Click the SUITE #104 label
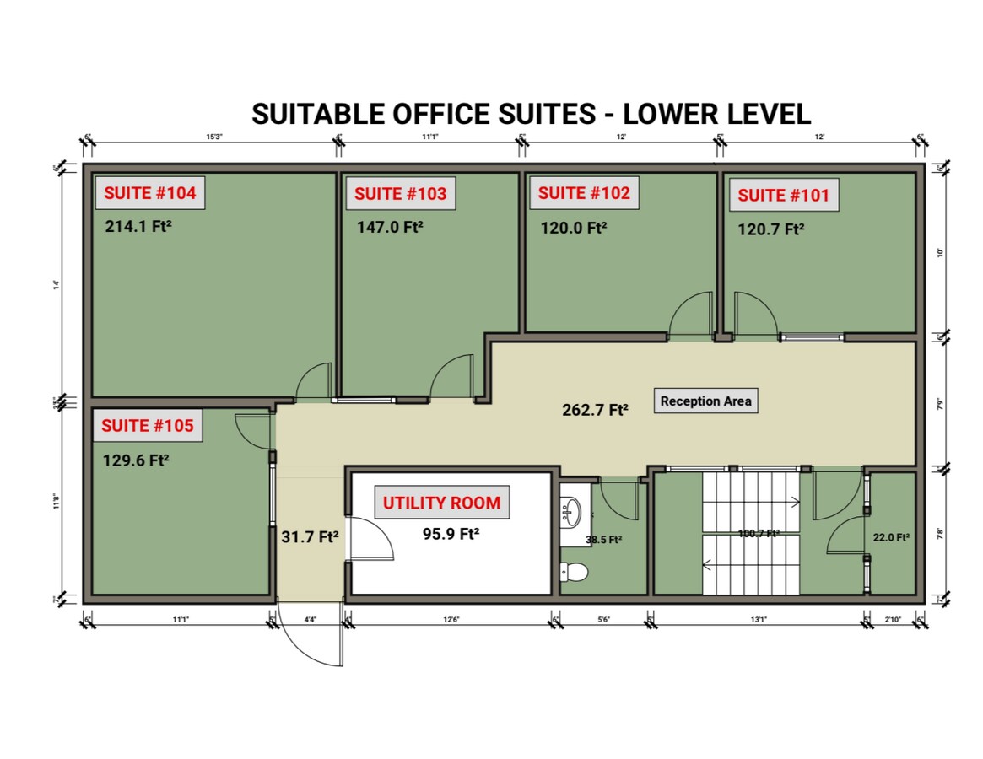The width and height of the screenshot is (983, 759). click(150, 193)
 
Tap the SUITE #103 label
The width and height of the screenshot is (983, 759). click(400, 194)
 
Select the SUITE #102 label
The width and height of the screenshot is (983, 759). click(584, 193)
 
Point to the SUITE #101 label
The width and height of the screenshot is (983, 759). click(784, 196)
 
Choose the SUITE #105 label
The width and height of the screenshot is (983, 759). click(148, 426)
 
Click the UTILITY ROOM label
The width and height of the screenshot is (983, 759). click(441, 503)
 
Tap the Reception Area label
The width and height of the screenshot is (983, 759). click(705, 401)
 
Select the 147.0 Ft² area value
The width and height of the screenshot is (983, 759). click(389, 227)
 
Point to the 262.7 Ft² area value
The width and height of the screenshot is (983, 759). click(596, 411)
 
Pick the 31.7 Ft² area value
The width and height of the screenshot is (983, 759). click(310, 536)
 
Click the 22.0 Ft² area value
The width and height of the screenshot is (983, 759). click(891, 537)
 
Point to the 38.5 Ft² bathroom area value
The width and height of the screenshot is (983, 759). click(604, 540)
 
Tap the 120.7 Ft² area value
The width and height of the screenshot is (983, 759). click(771, 229)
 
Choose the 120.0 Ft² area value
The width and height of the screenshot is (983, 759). click(574, 227)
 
